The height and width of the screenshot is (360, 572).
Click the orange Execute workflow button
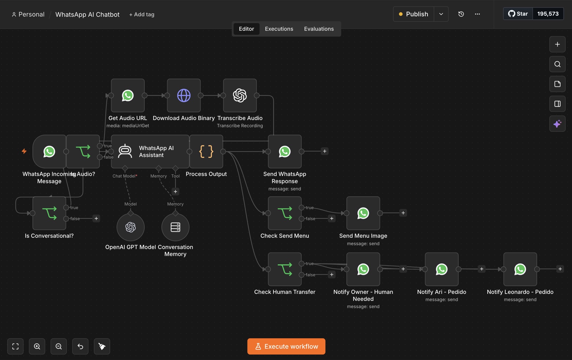click(x=286, y=346)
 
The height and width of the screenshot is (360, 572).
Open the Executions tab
click(x=279, y=29)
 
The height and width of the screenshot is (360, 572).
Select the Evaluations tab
click(x=319, y=29)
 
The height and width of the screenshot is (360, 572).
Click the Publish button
click(x=413, y=14)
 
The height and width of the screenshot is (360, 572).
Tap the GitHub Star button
click(x=518, y=14)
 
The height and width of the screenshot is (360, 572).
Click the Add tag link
click(x=142, y=15)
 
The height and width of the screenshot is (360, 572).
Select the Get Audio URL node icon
click(x=128, y=95)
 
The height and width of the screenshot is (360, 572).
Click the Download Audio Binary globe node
click(x=184, y=95)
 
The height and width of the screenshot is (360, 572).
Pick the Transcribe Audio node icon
click(x=240, y=95)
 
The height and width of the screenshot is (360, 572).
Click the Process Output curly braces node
click(x=206, y=152)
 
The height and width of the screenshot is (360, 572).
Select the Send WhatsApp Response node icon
click(x=285, y=152)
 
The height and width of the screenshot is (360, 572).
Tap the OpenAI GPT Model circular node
click(x=130, y=227)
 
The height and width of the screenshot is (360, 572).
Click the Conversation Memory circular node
click(x=176, y=227)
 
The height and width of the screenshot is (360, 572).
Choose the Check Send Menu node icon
click(x=285, y=213)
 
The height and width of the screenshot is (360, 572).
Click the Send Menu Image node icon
click(x=363, y=213)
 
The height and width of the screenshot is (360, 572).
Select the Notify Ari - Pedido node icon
click(x=442, y=269)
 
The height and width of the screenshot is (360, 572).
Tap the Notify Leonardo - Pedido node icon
click(x=520, y=269)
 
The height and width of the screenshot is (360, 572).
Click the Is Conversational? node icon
click(x=49, y=213)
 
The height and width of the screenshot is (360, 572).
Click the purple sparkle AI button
click(x=557, y=124)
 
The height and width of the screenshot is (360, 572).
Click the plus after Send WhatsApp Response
click(x=325, y=152)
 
